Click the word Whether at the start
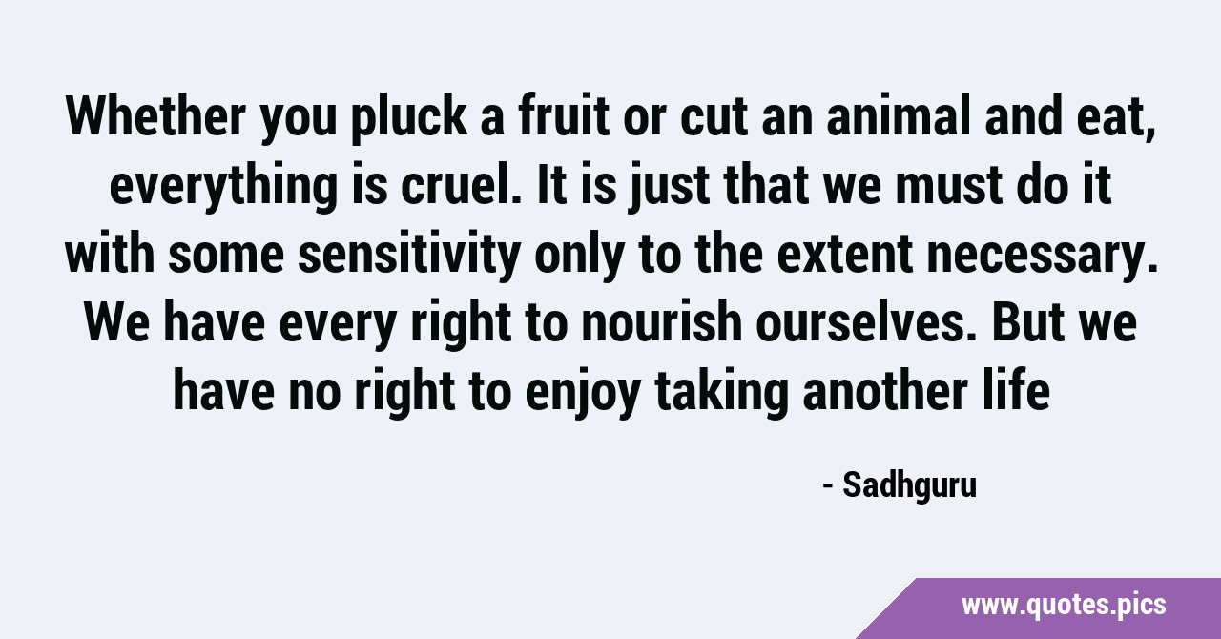coord(155,115)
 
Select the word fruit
coord(564,115)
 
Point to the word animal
coord(899,115)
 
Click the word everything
coord(223,188)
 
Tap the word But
coord(1028,321)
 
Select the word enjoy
coord(583,394)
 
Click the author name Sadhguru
coord(910,485)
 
